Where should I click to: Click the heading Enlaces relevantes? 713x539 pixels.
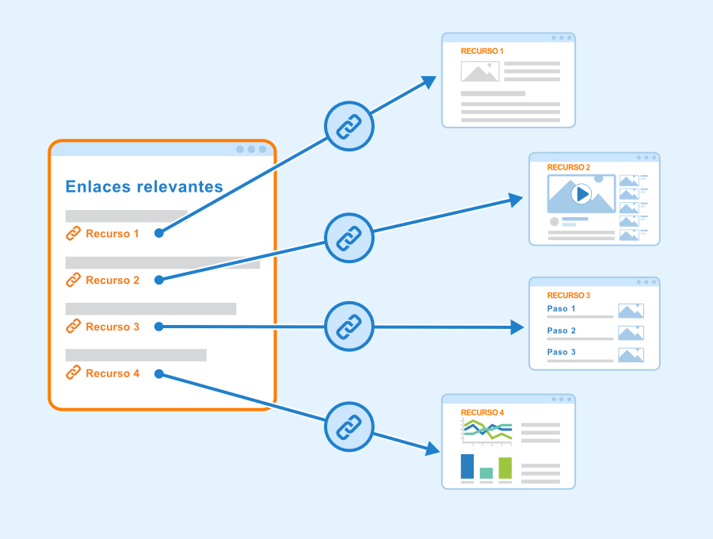[144, 186]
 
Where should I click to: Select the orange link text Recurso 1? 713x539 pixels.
[112, 234]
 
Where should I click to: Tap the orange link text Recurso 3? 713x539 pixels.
[112, 327]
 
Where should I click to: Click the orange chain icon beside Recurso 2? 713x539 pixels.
[73, 280]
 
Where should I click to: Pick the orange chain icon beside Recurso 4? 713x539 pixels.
[73, 373]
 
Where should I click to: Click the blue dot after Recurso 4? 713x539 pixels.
[158, 374]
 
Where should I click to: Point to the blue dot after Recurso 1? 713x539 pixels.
[158, 233]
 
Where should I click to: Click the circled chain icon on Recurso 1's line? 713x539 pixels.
[349, 126]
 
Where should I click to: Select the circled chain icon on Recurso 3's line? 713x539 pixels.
[349, 327]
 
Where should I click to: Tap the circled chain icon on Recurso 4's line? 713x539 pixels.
[349, 426]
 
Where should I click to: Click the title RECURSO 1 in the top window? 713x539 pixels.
[482, 51]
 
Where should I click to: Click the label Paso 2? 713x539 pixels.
[561, 331]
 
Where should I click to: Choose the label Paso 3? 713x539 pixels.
[561, 352]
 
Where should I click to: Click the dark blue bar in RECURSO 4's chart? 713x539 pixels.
[467, 466]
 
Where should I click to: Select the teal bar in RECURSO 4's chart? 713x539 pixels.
[486, 473]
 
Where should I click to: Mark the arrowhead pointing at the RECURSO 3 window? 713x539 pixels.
[517, 327]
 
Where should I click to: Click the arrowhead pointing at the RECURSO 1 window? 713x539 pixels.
[429, 82]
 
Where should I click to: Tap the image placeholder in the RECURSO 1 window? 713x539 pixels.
[480, 71]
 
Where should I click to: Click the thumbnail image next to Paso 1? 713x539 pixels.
[631, 311]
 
